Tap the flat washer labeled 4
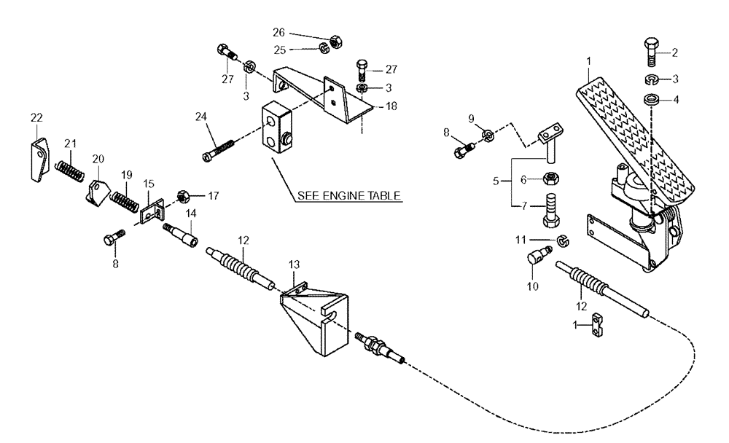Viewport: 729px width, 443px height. tap(651, 99)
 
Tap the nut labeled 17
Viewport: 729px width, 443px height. tap(184, 197)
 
